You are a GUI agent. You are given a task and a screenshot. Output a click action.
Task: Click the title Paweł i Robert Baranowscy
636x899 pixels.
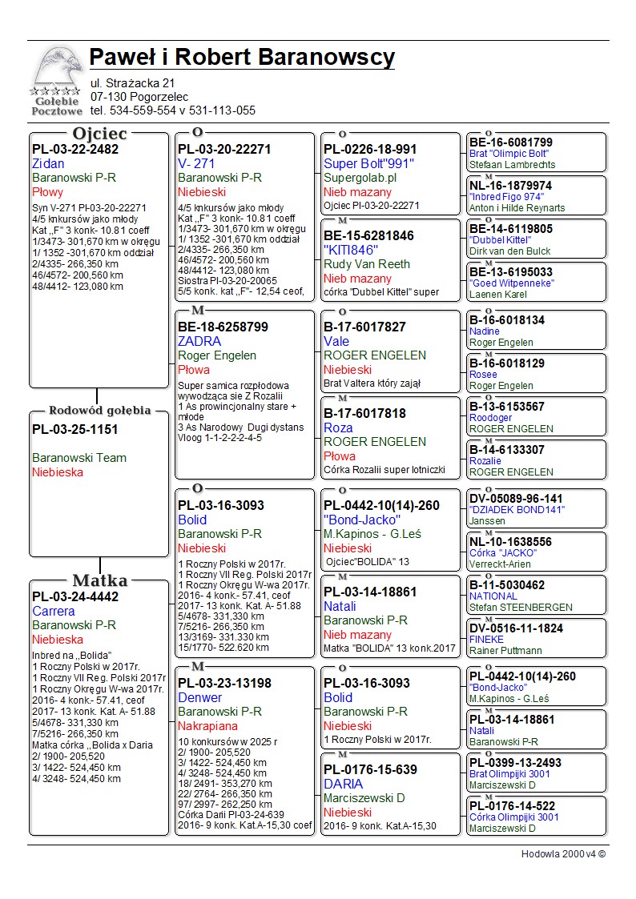(x=242, y=58)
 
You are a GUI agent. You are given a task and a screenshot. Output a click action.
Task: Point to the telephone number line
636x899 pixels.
(x=172, y=110)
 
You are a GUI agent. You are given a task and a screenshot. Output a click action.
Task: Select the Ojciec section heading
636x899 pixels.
(x=99, y=134)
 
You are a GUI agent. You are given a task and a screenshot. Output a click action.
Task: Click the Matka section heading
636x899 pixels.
(x=99, y=580)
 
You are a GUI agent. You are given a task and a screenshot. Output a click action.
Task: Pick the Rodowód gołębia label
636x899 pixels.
(x=99, y=411)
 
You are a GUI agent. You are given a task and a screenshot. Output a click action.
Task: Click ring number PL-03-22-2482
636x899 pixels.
(x=75, y=149)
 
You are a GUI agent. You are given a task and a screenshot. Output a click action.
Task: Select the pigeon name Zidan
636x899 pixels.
(x=48, y=163)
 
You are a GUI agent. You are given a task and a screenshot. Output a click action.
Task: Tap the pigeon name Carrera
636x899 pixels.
(x=54, y=611)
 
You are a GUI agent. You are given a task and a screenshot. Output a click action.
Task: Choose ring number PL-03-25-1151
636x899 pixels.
(x=75, y=429)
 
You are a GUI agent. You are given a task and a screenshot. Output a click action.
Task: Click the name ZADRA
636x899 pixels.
(x=199, y=341)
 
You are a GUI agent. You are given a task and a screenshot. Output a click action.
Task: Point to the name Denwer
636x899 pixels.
(x=200, y=697)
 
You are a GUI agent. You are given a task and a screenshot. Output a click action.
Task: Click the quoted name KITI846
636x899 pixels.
(x=351, y=250)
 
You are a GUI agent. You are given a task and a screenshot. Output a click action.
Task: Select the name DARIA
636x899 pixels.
(x=344, y=784)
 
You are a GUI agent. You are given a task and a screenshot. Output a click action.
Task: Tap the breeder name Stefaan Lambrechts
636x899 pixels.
(x=512, y=165)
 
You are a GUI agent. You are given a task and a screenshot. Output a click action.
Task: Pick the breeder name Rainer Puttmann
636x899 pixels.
(x=505, y=651)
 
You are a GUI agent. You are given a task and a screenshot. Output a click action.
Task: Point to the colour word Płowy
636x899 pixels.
(x=48, y=192)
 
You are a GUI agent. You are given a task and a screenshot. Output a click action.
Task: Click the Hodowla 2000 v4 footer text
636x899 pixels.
(x=563, y=854)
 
